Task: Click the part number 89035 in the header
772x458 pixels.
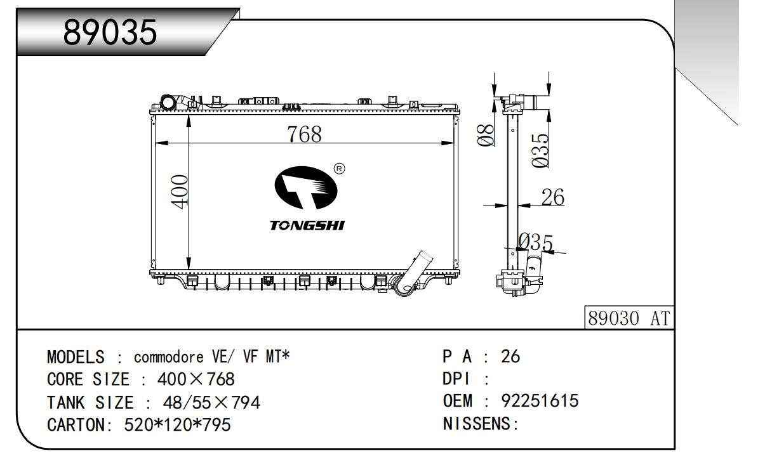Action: click(x=110, y=33)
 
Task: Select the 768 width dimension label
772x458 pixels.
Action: click(x=304, y=134)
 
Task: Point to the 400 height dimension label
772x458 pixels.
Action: click(x=180, y=191)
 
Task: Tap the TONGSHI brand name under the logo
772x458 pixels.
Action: click(x=307, y=226)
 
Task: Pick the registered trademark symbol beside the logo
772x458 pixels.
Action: click(x=339, y=169)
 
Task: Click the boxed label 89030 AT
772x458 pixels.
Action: click(x=629, y=318)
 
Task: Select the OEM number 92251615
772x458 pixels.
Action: click(x=540, y=401)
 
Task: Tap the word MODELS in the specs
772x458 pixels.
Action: click(x=76, y=357)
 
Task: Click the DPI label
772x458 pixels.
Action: click(x=456, y=379)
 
